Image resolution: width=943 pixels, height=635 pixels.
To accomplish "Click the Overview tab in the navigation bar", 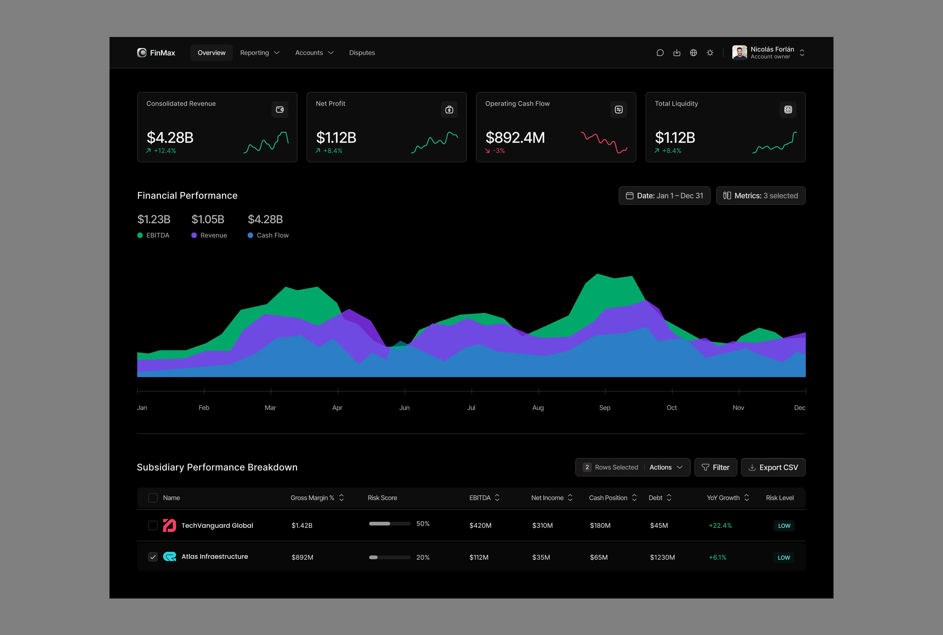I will [x=211, y=53].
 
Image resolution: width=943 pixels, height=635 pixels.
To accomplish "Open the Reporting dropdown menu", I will [x=259, y=53].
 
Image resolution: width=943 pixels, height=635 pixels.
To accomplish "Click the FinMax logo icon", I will [x=142, y=53].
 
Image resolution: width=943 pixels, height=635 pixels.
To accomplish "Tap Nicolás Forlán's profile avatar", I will [x=739, y=53].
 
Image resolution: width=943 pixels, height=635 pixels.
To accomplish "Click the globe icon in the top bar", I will [x=693, y=53].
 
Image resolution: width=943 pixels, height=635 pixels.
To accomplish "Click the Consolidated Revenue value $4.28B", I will [x=170, y=138].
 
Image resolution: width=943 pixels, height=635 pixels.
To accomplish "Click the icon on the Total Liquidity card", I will [x=788, y=109].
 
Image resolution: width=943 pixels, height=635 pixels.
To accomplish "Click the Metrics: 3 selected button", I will [x=760, y=195].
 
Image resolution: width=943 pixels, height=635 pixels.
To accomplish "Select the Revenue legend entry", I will [x=209, y=235].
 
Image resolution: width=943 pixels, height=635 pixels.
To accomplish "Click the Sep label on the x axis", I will [x=605, y=407].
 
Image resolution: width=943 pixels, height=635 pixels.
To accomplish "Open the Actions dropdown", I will [x=666, y=467].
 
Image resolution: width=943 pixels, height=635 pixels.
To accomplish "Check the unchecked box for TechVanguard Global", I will [x=153, y=525].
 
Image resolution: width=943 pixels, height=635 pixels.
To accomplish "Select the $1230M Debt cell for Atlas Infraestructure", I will [x=662, y=557].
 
